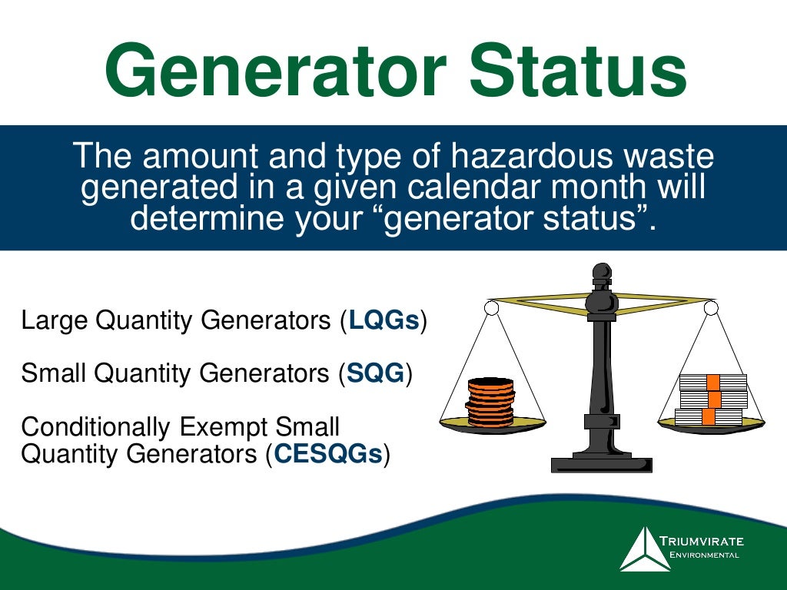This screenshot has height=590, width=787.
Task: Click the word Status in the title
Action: click(x=578, y=71)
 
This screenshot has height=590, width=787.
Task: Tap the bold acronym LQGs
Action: click(x=384, y=321)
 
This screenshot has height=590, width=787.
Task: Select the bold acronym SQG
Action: click(x=376, y=374)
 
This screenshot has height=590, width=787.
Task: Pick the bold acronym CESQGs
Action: click(x=327, y=454)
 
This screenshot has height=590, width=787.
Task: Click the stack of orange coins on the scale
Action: click(x=490, y=402)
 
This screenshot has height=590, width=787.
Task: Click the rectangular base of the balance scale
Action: click(x=601, y=464)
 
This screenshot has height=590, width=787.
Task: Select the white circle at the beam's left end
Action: click(x=492, y=308)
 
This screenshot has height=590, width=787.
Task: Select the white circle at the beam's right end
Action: click(x=711, y=308)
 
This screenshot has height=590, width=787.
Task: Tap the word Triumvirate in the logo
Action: click(x=700, y=541)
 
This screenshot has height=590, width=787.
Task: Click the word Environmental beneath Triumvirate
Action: click(x=700, y=555)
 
